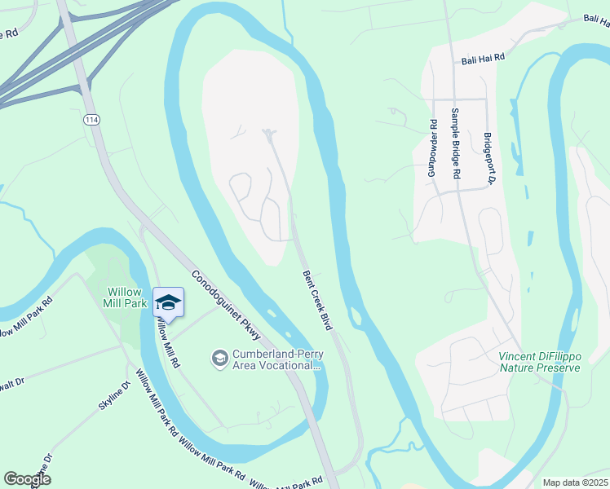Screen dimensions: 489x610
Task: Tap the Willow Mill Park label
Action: pos(126,297)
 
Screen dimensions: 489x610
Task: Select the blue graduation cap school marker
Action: pos(168,302)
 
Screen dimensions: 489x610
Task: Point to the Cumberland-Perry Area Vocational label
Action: pos(274,359)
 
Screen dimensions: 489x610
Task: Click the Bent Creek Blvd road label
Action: pos(317,300)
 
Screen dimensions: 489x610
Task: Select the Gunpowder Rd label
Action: pos(433,149)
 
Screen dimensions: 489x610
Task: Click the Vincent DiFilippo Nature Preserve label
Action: pos(539,362)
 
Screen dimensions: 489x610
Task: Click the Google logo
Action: pos(27,478)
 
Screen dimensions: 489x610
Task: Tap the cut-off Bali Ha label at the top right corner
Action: pos(596,18)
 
